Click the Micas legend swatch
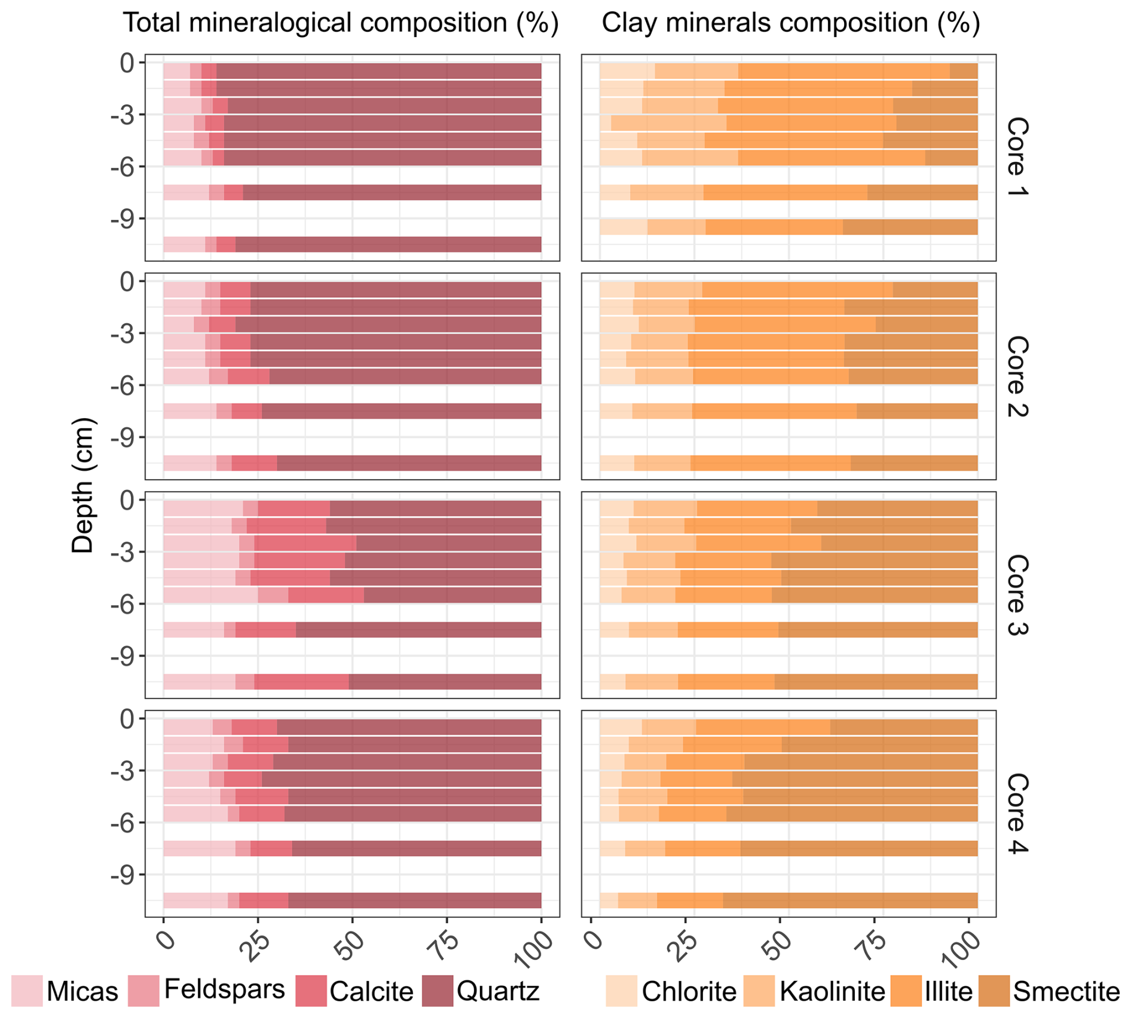pyautogui.click(x=27, y=991)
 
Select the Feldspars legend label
pyautogui.click(x=224, y=989)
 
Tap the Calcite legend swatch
pyautogui.click(x=311, y=991)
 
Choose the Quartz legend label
pyautogui.click(x=498, y=991)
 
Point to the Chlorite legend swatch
pyautogui.click(x=620, y=991)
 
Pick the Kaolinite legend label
pyautogui.click(x=832, y=991)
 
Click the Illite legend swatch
pyautogui.click(x=906, y=991)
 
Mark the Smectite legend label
pyautogui.click(x=1066, y=991)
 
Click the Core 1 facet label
pyautogui.click(x=1017, y=157)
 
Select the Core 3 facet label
pyautogui.click(x=1017, y=594)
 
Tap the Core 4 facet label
pyautogui.click(x=1017, y=813)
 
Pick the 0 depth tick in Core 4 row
pyautogui.click(x=127, y=719)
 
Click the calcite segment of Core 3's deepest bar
pyautogui.click(x=301, y=682)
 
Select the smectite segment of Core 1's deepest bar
pyautogui.click(x=910, y=227)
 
